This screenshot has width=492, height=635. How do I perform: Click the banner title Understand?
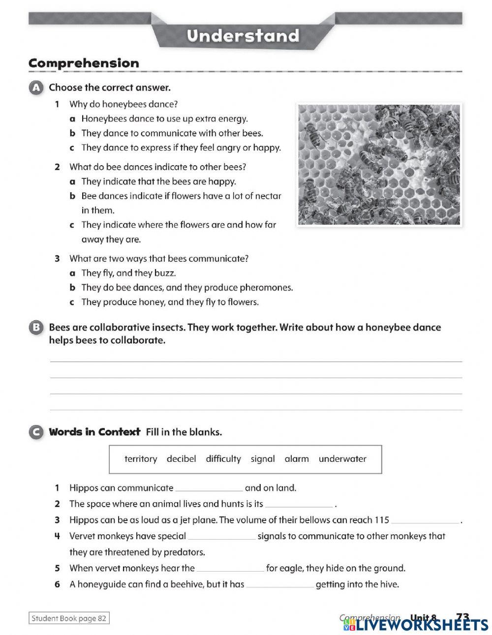click(243, 36)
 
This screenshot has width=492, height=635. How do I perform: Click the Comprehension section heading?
click(84, 63)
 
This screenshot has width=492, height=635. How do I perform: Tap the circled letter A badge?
click(36, 88)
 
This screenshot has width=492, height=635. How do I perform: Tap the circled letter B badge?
click(36, 328)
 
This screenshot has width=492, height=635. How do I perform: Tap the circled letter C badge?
click(36, 432)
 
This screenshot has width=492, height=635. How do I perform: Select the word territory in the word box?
click(141, 459)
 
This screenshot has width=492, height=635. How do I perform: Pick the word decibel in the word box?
click(181, 459)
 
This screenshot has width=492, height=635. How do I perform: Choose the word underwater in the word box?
click(342, 459)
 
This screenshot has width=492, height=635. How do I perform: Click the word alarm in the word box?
click(297, 459)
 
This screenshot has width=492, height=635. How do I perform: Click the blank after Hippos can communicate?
click(209, 489)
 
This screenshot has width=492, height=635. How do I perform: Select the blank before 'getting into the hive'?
click(280, 585)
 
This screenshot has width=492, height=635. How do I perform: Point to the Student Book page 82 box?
click(69, 618)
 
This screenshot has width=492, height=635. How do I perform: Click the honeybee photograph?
click(379, 164)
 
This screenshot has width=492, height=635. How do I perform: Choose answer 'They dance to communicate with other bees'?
click(172, 133)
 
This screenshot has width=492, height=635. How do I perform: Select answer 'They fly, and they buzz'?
click(128, 273)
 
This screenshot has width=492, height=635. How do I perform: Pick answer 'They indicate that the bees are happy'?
click(158, 181)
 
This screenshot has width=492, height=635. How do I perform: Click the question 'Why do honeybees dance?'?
click(123, 104)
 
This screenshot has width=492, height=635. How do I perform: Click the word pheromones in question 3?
click(268, 288)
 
